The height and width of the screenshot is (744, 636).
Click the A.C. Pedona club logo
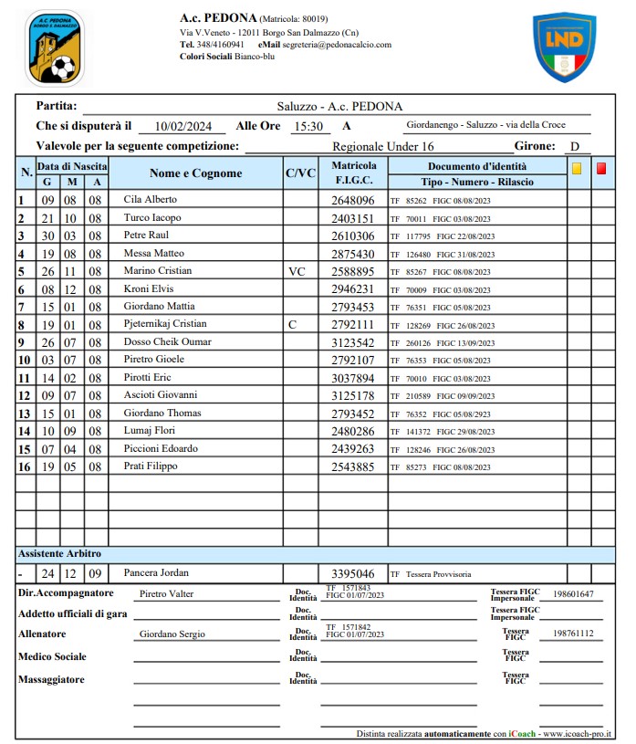coord(54,48)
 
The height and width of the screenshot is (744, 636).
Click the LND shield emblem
coord(564,46)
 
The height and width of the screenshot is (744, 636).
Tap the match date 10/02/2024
coord(183,127)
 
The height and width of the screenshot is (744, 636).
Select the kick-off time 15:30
coord(308,127)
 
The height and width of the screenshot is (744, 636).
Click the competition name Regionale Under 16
coord(383,146)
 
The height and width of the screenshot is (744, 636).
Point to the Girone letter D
coord(575,146)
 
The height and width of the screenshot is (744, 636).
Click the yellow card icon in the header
coord(577,168)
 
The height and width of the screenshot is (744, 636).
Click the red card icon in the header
coord(601,168)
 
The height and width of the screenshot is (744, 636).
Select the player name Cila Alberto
coord(151,199)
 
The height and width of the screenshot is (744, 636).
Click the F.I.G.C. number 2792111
coord(353,324)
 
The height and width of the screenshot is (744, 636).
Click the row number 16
coord(25,466)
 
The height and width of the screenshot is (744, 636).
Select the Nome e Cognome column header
coord(195,173)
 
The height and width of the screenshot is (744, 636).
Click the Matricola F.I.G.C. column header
coord(353,173)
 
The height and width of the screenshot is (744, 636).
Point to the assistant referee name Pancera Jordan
coord(156,572)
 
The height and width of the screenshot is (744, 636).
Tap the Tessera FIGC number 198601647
coord(573,594)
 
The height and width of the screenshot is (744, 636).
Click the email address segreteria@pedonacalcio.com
coord(338,44)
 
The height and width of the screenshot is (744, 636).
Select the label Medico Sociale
coord(52,656)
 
